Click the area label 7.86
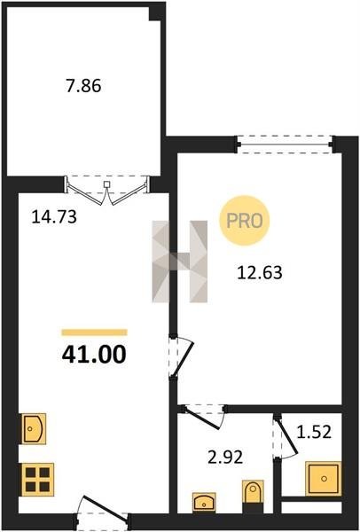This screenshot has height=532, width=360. (84, 86)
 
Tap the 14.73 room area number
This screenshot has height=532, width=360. (54, 217)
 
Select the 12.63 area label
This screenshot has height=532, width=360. (260, 272)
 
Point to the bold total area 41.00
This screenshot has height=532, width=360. (94, 355)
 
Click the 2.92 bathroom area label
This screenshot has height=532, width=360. (225, 458)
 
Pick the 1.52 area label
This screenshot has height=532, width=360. (314, 433)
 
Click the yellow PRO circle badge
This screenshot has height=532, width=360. (245, 221)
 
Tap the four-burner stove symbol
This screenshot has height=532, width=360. (37, 480)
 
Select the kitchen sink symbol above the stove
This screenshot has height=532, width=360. (34, 428)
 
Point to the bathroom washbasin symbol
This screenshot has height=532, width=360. (204, 503)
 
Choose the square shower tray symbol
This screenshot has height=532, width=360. (323, 479)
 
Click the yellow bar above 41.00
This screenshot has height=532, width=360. (94, 332)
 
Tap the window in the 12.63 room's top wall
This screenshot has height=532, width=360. (285, 145)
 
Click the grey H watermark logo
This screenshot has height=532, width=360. (179, 262)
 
